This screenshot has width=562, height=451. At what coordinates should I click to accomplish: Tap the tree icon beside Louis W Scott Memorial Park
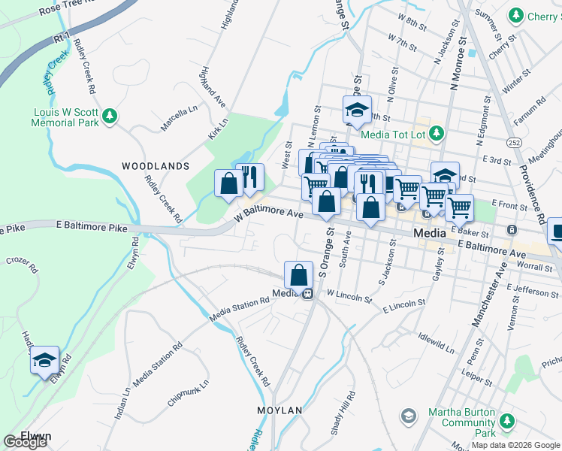(110, 115)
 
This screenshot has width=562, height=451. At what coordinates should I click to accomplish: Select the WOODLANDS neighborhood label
(156, 165)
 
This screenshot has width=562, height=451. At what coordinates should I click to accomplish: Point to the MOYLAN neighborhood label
(279, 410)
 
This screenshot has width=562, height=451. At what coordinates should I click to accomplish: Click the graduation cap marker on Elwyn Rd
(44, 360)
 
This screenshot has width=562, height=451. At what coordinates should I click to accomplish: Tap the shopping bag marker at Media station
(299, 275)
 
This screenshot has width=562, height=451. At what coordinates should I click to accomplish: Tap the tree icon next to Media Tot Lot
(436, 134)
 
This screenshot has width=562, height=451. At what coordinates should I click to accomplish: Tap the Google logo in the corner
(25, 442)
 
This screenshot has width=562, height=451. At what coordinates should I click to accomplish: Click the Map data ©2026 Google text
(515, 445)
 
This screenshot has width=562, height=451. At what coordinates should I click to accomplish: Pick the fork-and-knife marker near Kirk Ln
(250, 177)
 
